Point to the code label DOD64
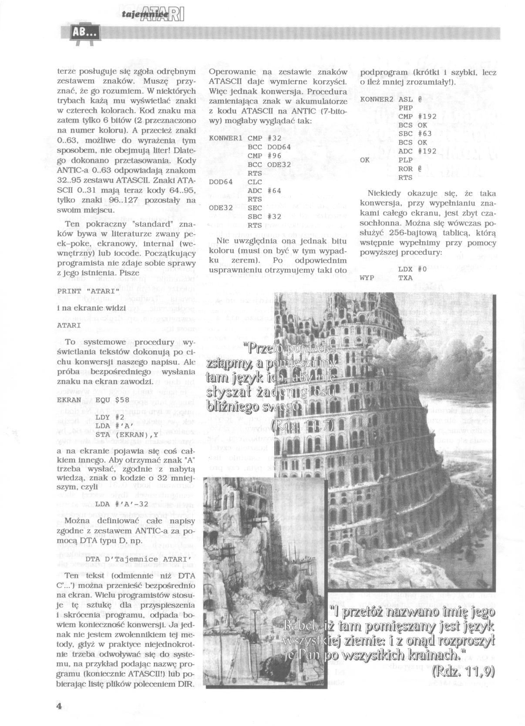click(x=221, y=181)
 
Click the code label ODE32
click(x=221, y=208)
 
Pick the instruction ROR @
click(x=409, y=168)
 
